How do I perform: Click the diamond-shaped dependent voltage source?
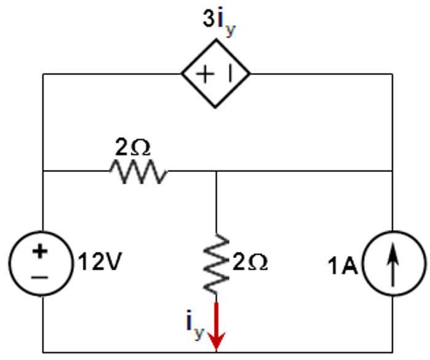[x=216, y=74]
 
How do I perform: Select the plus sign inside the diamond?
[x=203, y=74]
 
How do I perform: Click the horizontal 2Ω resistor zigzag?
[x=138, y=172]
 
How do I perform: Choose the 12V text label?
[x=100, y=264]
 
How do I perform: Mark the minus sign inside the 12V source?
[x=40, y=278]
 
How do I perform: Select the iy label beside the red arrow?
[x=195, y=325]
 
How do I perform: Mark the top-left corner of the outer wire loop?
[x=42, y=74]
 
